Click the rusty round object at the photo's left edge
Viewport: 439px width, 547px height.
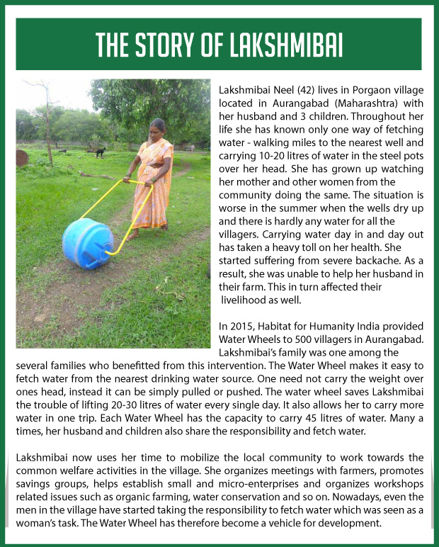[x=21, y=157]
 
